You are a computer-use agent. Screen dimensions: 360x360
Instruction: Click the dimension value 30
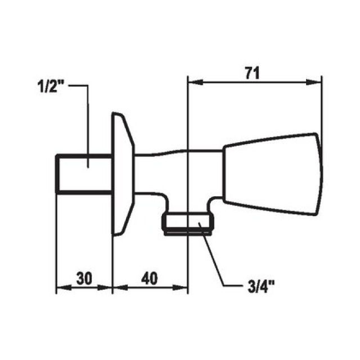pos(84,277)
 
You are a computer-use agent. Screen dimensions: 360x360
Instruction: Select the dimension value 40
pos(149,277)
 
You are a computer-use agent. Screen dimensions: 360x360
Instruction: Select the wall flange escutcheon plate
pos(121,174)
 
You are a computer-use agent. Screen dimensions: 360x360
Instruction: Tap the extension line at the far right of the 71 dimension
pos(322,107)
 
